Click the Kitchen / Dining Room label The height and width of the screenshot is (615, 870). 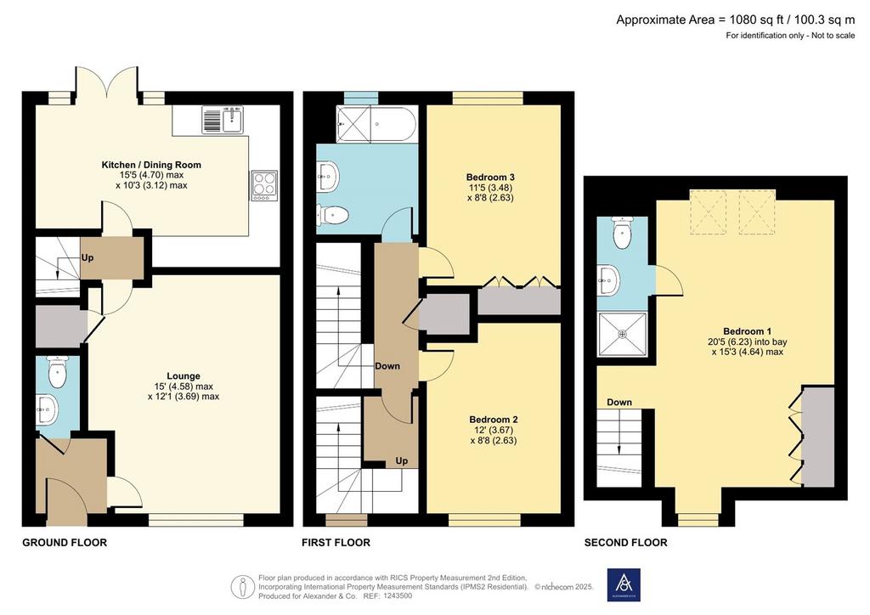(x=151, y=165)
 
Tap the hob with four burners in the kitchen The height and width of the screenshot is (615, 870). (x=264, y=185)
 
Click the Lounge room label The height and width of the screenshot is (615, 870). (x=184, y=376)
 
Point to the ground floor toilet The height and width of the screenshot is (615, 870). (x=57, y=371)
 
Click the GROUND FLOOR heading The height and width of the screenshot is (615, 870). (x=65, y=542)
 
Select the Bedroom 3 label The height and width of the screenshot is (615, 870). (x=490, y=178)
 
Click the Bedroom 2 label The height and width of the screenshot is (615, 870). (x=494, y=420)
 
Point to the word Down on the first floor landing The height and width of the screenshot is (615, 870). (x=387, y=366)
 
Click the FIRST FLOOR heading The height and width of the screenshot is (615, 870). (x=336, y=542)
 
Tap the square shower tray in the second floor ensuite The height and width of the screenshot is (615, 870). (x=622, y=334)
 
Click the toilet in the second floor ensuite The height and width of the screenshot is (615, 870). (x=622, y=233)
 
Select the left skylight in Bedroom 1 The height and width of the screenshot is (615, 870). (x=708, y=212)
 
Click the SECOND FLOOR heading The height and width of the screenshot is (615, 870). (x=626, y=542)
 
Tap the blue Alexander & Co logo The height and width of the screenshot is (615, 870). (x=624, y=584)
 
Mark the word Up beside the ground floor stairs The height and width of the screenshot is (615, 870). (x=88, y=258)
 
